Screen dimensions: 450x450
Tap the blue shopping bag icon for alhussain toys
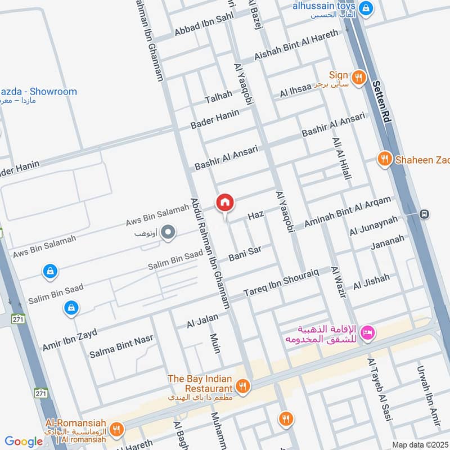[366, 8]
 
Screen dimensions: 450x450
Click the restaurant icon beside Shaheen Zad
[384, 159]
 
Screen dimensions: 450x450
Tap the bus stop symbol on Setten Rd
[424, 214]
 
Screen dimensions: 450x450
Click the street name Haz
[255, 215]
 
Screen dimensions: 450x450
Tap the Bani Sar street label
[245, 253]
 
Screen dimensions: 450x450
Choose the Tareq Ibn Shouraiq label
[281, 282]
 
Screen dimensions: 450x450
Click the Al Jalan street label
[202, 321]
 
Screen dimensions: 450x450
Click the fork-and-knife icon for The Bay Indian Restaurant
[242, 386]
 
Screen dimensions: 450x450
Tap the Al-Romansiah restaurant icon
[116, 430]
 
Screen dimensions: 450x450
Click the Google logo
[24, 442]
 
